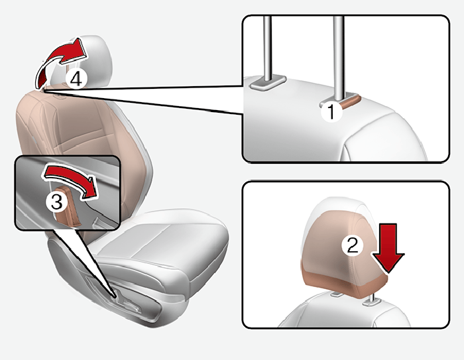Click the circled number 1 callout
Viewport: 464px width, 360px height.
331,111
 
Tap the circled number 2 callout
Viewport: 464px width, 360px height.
352,245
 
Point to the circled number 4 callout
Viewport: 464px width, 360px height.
76,79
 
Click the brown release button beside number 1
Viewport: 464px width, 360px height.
350,102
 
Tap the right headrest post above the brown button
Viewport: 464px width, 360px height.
338,57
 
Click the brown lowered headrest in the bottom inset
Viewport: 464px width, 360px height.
345,255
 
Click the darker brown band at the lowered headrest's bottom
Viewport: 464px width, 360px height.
345,282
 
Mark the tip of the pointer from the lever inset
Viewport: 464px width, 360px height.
116,297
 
